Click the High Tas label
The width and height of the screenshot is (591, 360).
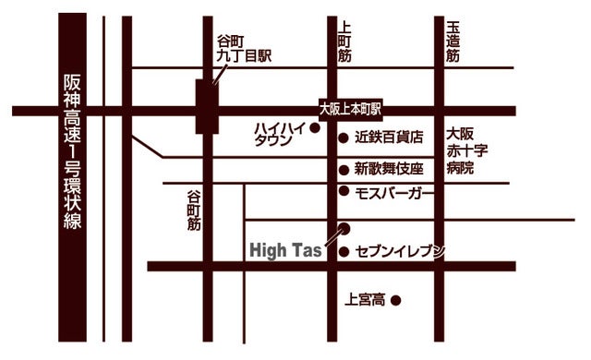pos(285,250)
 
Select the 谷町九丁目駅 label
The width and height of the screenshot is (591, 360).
pos(243,48)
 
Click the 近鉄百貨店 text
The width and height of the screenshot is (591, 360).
pos(389,137)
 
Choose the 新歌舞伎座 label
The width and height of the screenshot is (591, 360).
pos(388,169)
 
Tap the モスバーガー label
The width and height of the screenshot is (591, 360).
pos(393,192)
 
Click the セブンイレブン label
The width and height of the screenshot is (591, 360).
pos(399,251)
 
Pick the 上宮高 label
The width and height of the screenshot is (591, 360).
pos(366,300)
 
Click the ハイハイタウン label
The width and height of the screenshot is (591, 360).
pos(280,134)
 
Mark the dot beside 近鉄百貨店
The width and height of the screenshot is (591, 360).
pos(343,137)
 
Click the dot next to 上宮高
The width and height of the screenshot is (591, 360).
pos(396,300)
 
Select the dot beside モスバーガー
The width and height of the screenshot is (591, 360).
pos(344,192)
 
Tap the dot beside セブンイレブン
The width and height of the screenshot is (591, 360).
pos(344,251)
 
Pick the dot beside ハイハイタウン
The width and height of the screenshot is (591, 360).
pos(315,129)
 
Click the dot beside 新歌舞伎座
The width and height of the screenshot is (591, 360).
pos(343,169)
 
